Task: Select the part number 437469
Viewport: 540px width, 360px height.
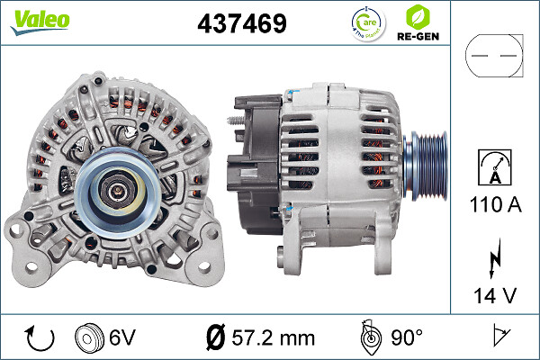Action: click(x=242, y=24)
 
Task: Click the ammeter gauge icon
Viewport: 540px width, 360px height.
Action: click(x=494, y=167)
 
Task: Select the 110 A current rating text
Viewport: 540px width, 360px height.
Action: click(x=494, y=206)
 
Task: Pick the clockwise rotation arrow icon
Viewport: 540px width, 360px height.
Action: click(x=41, y=337)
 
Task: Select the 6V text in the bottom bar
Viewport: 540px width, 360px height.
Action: click(x=124, y=338)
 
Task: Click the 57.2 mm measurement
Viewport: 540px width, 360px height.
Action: click(x=274, y=338)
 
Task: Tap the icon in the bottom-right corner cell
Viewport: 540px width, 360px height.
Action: click(x=494, y=337)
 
